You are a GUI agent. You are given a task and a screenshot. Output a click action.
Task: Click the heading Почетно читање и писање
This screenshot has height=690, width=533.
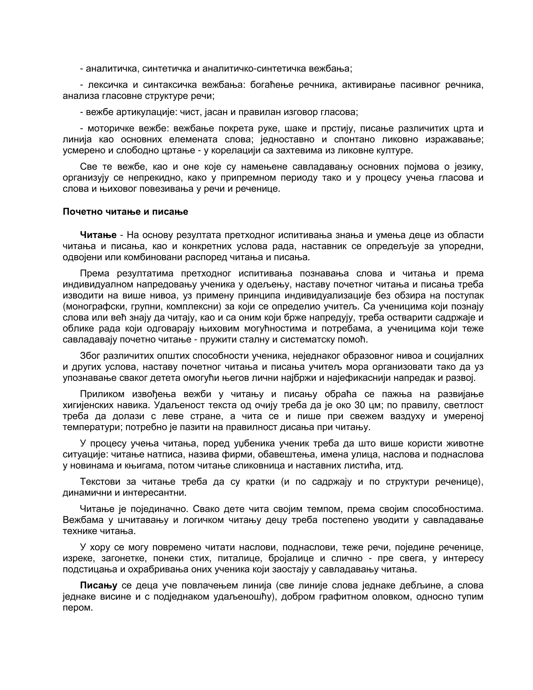pos(125,212)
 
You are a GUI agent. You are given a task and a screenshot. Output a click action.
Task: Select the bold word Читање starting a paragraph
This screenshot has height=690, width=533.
pos(98,235)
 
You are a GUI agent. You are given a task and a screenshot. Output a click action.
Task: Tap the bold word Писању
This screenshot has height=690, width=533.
pos(99,585)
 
